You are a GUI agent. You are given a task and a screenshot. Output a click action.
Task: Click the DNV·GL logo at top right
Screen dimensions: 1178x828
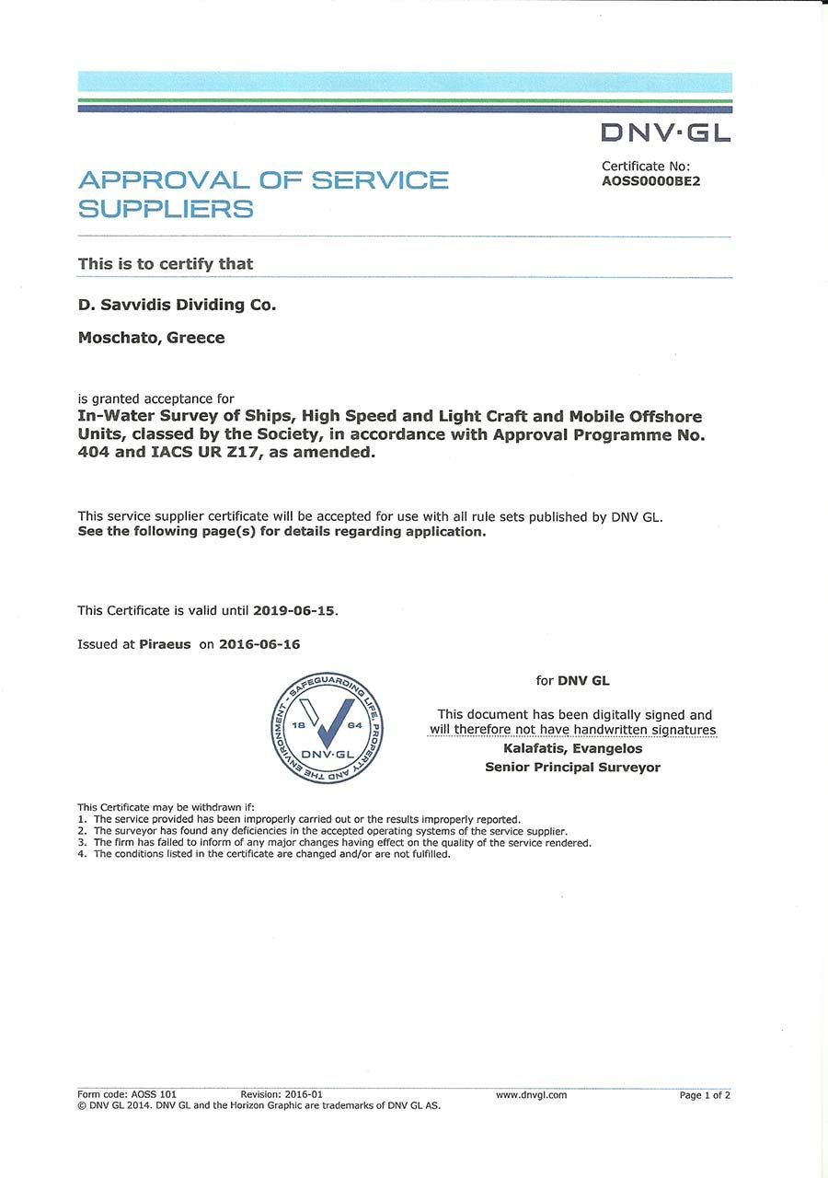click(x=666, y=133)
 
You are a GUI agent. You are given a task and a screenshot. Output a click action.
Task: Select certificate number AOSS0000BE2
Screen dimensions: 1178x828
click(x=650, y=181)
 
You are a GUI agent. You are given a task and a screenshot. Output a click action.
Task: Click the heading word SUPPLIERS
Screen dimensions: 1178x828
click(x=166, y=209)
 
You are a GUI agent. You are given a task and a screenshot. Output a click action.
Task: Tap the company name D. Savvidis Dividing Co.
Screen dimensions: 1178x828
click(x=177, y=305)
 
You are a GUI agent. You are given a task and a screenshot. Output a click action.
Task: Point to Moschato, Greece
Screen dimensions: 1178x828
click(x=151, y=338)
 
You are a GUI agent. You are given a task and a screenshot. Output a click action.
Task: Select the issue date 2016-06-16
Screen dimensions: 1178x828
click(x=259, y=644)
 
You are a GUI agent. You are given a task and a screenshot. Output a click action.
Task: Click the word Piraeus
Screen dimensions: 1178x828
click(x=165, y=644)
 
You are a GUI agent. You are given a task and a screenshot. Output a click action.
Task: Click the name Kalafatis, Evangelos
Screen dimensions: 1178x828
click(x=572, y=748)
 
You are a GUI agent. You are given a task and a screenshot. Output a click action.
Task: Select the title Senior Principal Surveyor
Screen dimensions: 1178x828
click(x=572, y=767)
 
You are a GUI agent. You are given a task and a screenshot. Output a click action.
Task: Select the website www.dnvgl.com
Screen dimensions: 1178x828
click(x=531, y=1095)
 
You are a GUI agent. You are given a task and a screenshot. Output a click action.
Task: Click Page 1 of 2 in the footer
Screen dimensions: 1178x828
click(x=704, y=1095)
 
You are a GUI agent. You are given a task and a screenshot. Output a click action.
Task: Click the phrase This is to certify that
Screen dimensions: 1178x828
click(x=166, y=264)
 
